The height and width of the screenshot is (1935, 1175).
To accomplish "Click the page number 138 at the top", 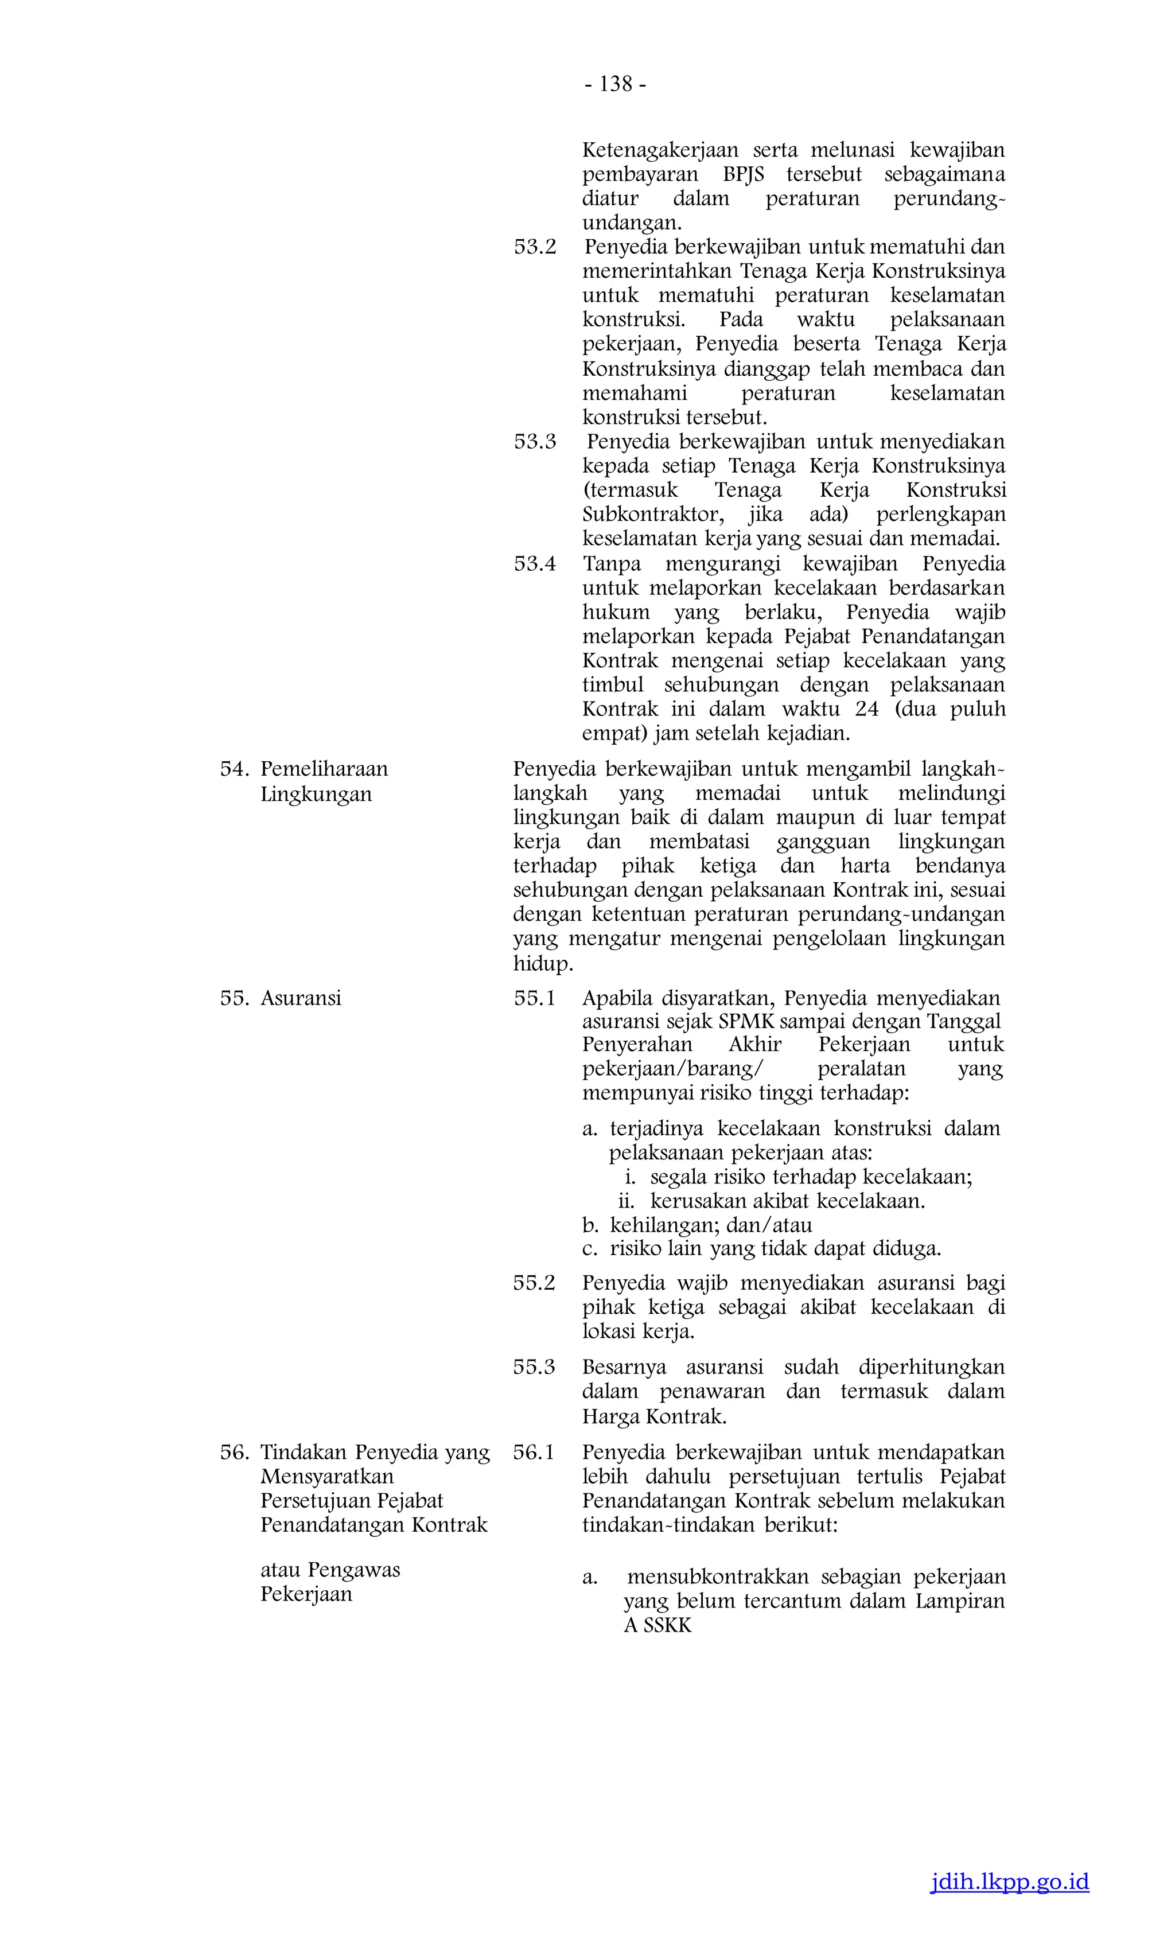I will click(x=616, y=84).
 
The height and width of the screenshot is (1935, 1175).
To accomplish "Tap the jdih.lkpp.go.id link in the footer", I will click(x=1009, y=1882).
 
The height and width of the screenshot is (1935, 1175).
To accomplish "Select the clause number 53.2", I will click(x=535, y=247).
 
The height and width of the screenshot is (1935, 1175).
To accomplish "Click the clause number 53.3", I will click(x=535, y=441).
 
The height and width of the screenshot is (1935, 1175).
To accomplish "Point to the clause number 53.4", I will click(x=535, y=564).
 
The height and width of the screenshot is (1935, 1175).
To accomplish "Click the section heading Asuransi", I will click(x=301, y=998).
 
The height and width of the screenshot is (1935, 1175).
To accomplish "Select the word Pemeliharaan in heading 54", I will click(x=324, y=769).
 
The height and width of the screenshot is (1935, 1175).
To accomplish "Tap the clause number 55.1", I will click(x=534, y=998).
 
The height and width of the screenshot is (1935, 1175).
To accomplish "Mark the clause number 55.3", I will click(x=534, y=1366).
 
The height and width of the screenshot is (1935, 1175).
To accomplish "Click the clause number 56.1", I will click(x=534, y=1452).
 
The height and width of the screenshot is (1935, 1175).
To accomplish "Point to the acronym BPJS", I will click(x=743, y=174).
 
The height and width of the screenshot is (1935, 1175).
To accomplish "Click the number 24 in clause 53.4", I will click(x=867, y=709).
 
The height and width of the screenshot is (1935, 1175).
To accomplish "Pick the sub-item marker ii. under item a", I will click(x=626, y=1201).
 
